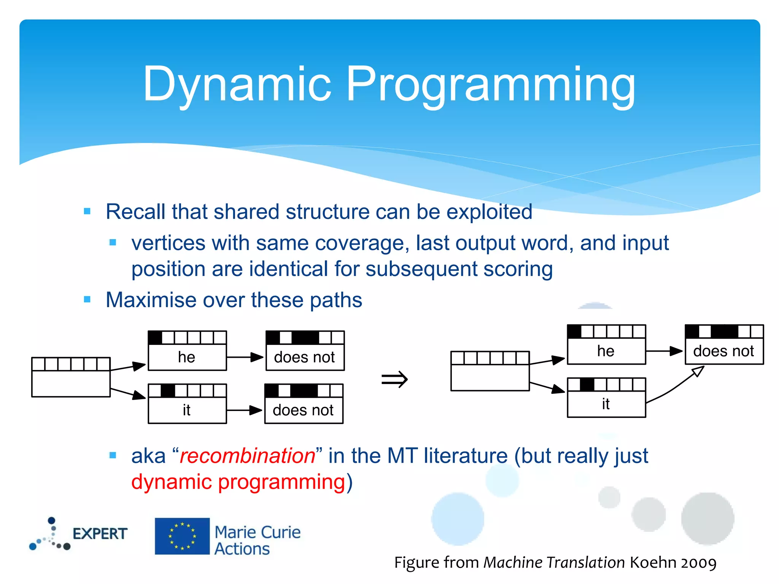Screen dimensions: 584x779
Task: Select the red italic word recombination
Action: click(247, 455)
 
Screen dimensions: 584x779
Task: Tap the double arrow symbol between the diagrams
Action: click(394, 379)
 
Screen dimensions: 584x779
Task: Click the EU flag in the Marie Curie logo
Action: click(182, 536)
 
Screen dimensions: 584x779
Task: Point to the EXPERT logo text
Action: click(100, 534)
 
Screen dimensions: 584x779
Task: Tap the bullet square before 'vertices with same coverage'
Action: click(113, 242)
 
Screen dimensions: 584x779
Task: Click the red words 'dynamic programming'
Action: click(238, 482)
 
